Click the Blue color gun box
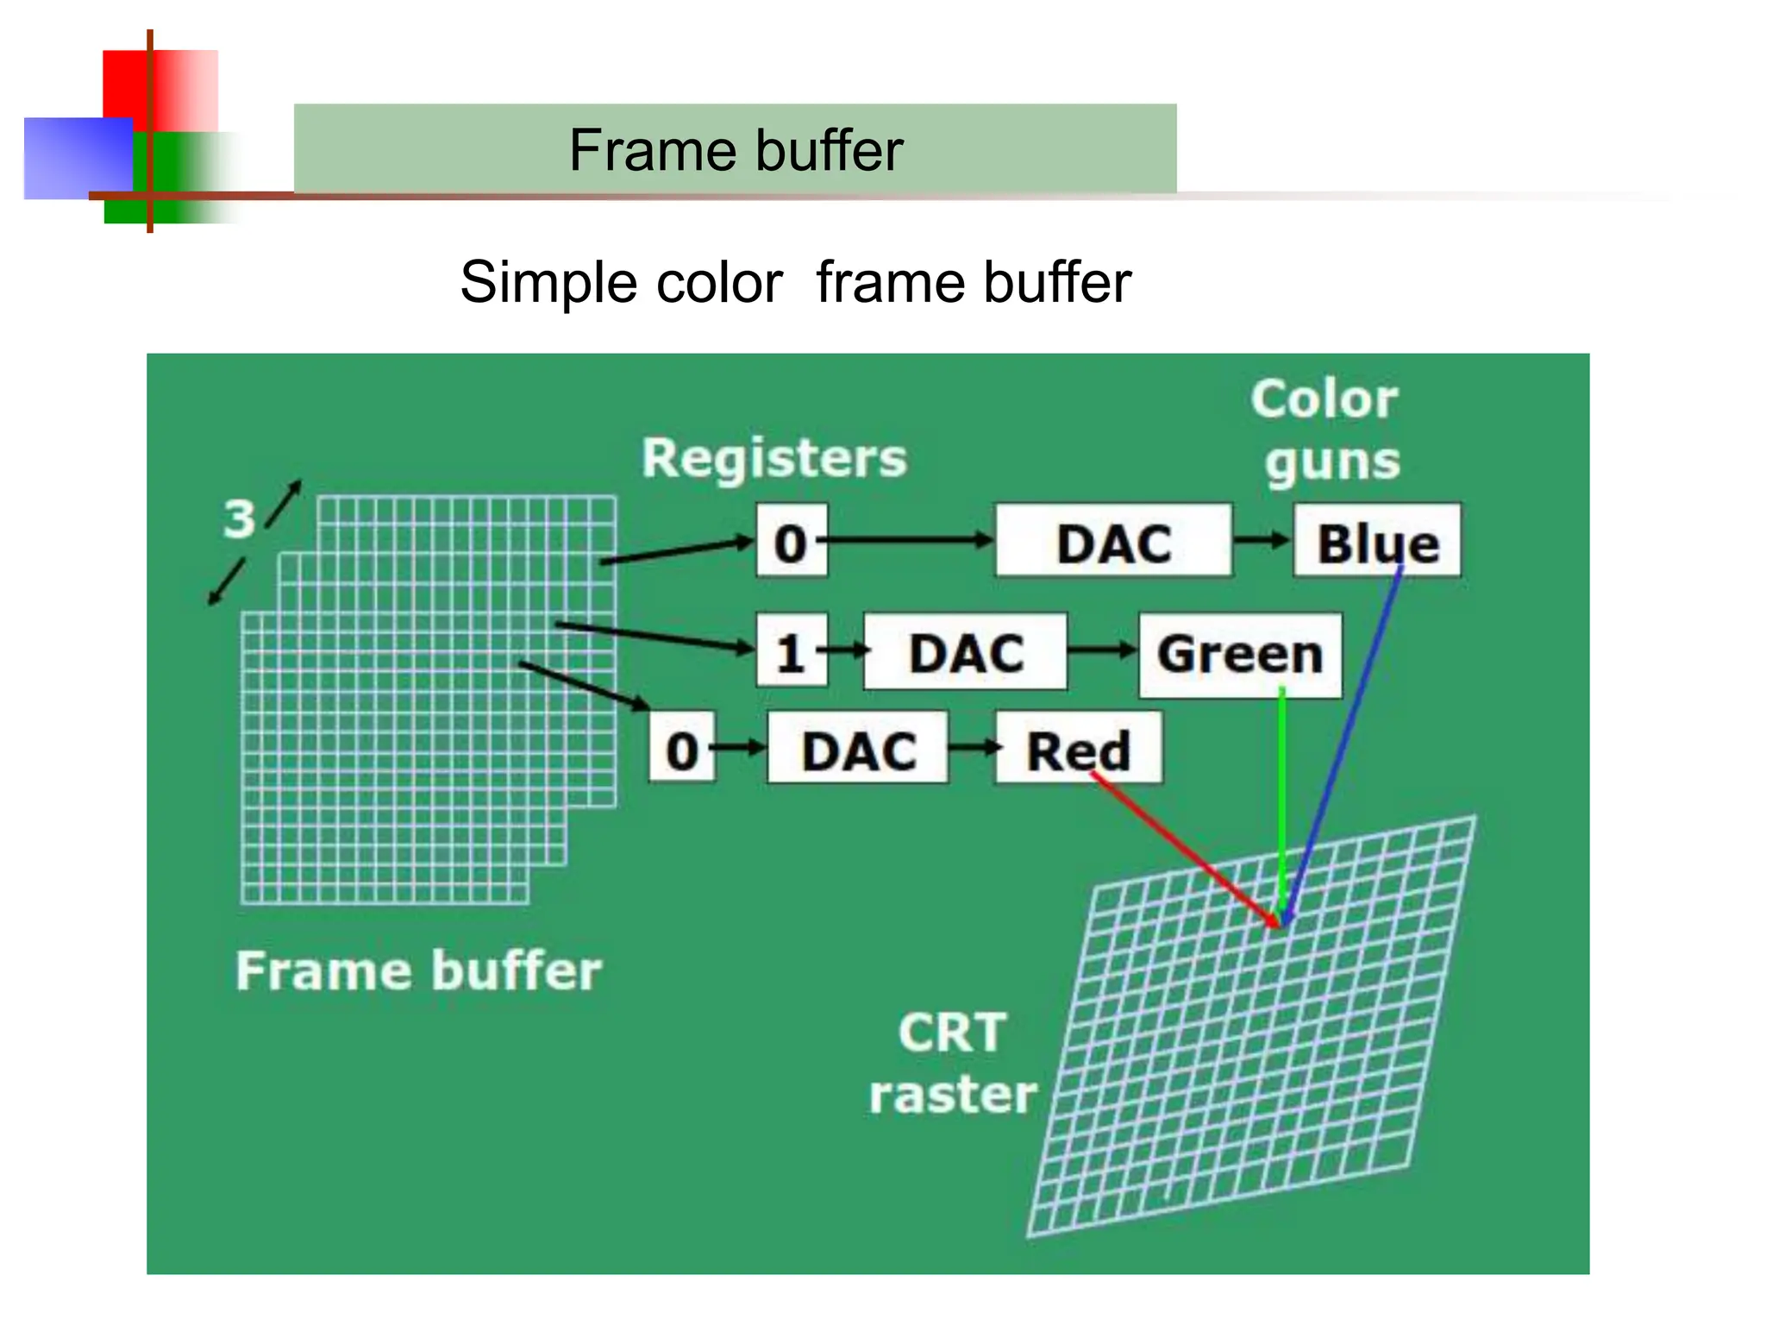[x=1377, y=541]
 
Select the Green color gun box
[x=1239, y=654]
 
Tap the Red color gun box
[x=1078, y=749]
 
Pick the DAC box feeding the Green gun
[x=965, y=653]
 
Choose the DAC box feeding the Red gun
[x=858, y=749]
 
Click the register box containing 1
[x=791, y=652]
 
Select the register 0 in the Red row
[x=681, y=749]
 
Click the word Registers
[x=773, y=457]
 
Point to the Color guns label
[x=1326, y=430]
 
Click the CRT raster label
[x=952, y=1063]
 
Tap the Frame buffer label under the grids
[x=418, y=971]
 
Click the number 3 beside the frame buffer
[x=239, y=519]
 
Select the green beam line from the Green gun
[x=1282, y=802]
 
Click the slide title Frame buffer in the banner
[x=736, y=150]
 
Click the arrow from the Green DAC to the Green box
[x=1102, y=651]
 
